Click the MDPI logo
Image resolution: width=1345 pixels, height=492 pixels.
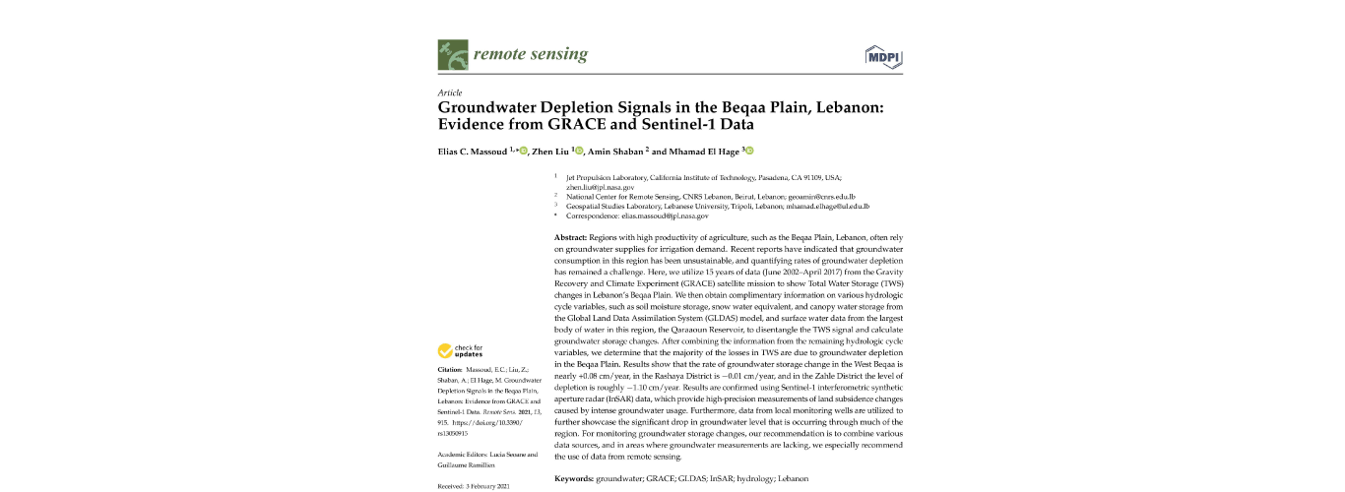(x=883, y=55)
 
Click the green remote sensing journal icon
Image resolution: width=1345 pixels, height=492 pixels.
(x=452, y=55)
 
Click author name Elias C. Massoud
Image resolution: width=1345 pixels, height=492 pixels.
(x=477, y=152)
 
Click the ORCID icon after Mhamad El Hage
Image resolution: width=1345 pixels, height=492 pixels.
(x=749, y=151)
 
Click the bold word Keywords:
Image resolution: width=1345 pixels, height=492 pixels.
(x=575, y=478)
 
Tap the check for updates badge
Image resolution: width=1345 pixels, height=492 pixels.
(x=461, y=350)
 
